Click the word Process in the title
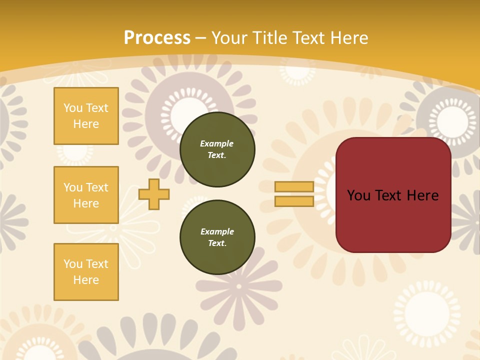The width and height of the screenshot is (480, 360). tap(157, 38)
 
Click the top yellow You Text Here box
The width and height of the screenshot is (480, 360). tap(86, 116)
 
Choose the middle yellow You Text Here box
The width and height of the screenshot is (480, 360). tap(86, 195)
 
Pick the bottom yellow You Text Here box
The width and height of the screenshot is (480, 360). tap(86, 272)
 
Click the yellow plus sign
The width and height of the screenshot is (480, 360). tap(154, 194)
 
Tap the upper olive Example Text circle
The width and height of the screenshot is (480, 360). tap(217, 149)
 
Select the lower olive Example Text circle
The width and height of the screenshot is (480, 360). tap(217, 237)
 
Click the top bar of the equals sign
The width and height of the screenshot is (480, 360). tap(294, 187)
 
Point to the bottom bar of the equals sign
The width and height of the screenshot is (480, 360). tap(294, 201)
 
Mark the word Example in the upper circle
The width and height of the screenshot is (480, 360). tap(217, 143)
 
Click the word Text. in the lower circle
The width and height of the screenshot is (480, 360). tap(217, 243)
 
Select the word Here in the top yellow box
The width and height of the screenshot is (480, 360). tap(86, 124)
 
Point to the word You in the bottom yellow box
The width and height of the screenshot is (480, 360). tap(72, 264)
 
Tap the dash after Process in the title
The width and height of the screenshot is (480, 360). tap(200, 38)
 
